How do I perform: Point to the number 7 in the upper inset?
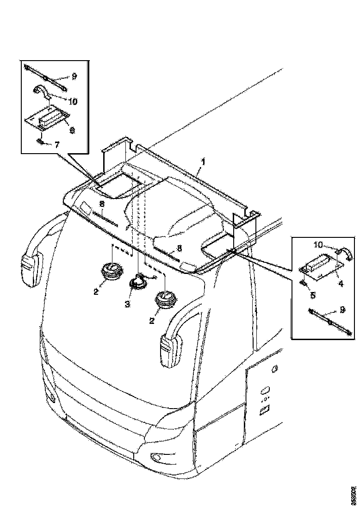(57, 145)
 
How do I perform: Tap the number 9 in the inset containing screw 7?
(74, 76)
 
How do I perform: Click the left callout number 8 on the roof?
(102, 205)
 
